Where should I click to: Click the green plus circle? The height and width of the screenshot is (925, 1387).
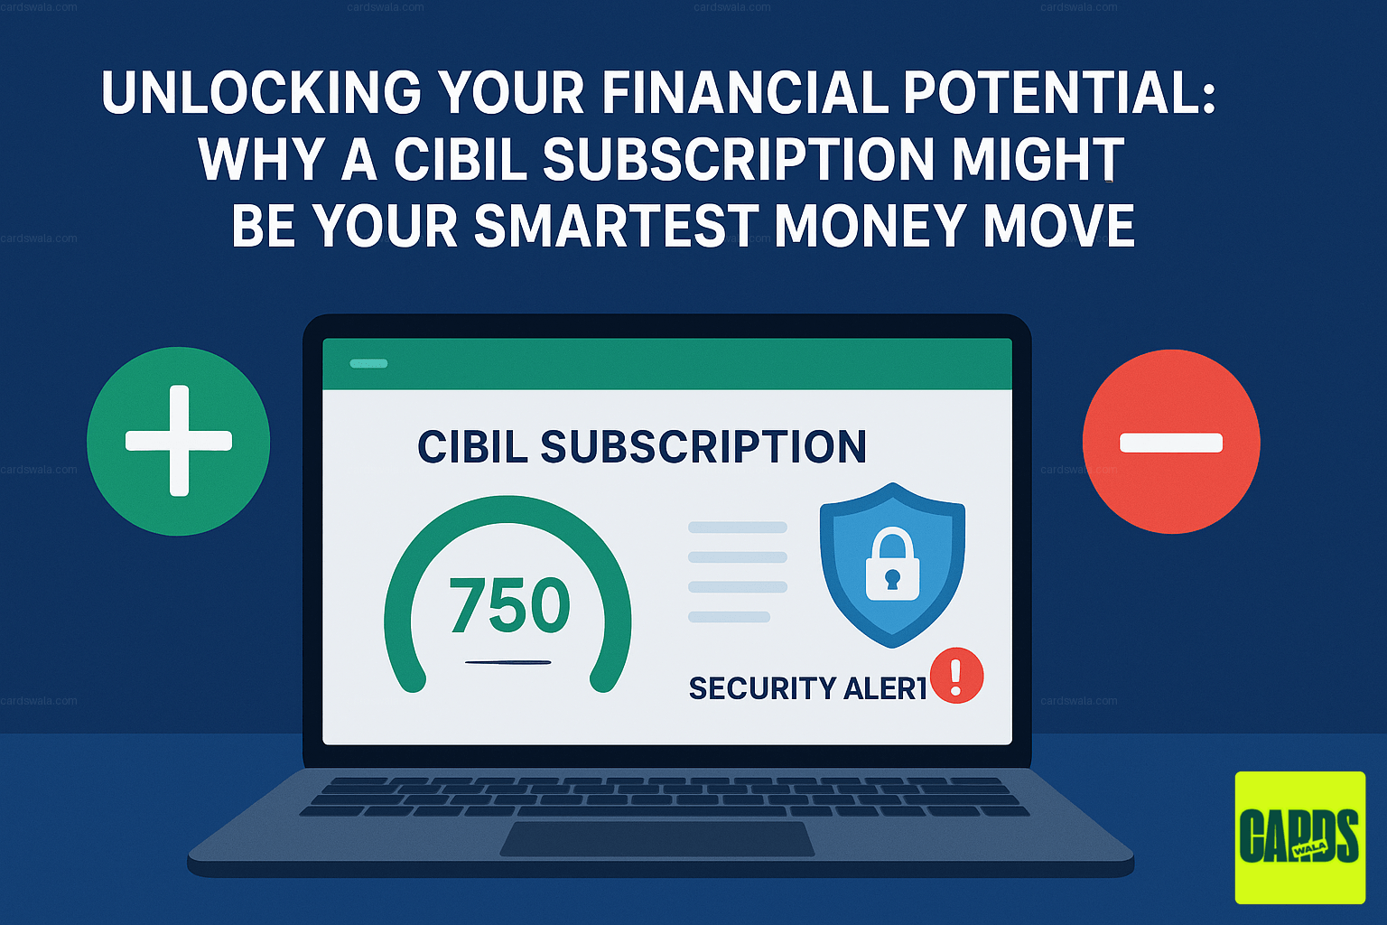[179, 441]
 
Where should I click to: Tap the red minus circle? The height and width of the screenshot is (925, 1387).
[1170, 442]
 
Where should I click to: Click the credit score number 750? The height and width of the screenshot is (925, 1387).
[509, 604]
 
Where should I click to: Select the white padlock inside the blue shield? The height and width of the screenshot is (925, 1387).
[892, 566]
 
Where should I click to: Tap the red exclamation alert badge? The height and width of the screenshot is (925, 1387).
[956, 675]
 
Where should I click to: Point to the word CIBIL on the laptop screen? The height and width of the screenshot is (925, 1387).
[472, 447]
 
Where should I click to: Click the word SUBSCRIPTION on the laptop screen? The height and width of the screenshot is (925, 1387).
[703, 447]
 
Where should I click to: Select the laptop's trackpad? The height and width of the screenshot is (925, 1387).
[657, 839]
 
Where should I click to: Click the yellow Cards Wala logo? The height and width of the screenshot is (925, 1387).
[1299, 836]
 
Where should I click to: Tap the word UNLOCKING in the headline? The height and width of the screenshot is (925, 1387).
[261, 93]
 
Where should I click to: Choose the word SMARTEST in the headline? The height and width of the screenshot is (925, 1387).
[615, 226]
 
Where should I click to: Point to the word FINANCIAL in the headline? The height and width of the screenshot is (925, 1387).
[745, 93]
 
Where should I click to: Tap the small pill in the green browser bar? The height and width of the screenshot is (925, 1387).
[368, 363]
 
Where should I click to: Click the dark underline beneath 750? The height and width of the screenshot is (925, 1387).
[507, 662]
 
